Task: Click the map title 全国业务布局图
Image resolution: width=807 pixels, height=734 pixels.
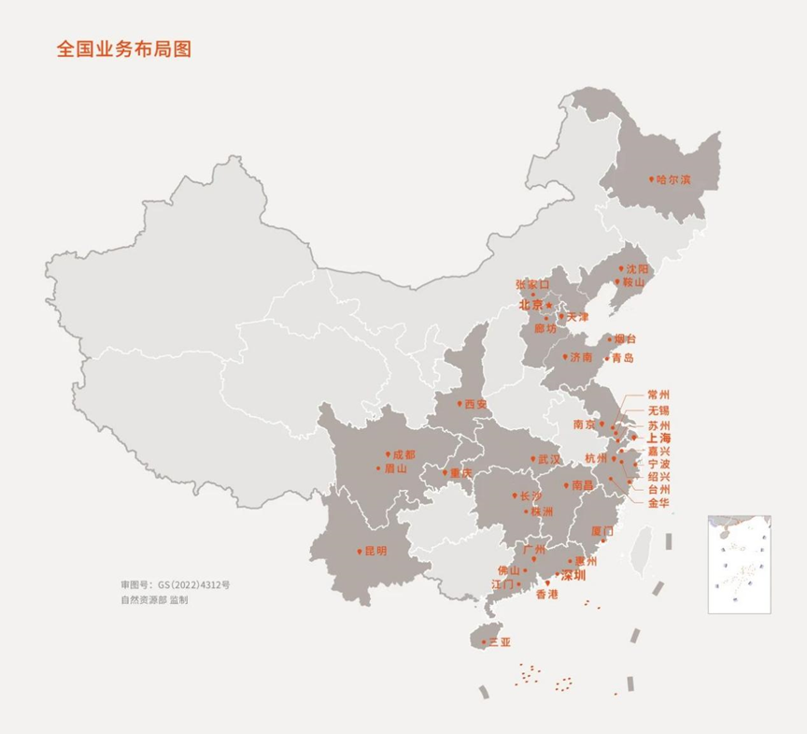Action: tap(123, 50)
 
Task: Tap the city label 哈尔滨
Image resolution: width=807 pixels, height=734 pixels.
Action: tap(673, 179)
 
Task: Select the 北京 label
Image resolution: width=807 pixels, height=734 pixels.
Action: tap(531, 305)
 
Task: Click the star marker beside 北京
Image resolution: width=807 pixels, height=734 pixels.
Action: tap(549, 305)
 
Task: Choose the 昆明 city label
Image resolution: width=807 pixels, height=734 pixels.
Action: tap(374, 552)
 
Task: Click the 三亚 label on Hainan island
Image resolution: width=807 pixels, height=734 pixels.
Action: tap(501, 642)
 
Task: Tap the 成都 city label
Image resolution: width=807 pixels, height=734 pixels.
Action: tap(403, 454)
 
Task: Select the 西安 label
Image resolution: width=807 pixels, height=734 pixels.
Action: tap(475, 404)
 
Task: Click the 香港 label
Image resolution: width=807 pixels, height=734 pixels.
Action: tap(546, 594)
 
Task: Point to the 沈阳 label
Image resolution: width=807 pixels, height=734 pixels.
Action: tap(636, 268)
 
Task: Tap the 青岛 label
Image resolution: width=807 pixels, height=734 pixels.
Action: tap(623, 358)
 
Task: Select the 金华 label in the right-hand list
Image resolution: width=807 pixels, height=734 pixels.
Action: tap(658, 502)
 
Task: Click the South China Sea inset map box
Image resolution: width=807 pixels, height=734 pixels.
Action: tap(739, 563)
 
